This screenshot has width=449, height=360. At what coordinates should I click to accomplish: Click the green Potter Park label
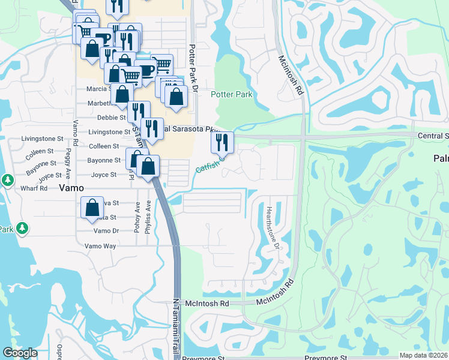point(231,94)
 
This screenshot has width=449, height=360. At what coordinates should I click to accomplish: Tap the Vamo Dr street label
point(106,231)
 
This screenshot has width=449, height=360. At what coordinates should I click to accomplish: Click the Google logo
point(20,353)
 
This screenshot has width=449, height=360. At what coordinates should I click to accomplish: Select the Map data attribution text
point(423,355)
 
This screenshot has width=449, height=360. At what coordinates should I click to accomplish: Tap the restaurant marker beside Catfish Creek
point(222,143)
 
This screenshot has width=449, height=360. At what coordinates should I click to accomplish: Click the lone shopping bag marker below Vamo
point(92,208)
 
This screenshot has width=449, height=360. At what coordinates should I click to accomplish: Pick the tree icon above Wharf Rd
point(7,179)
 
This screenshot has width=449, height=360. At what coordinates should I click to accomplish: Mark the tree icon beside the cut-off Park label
point(22,227)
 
